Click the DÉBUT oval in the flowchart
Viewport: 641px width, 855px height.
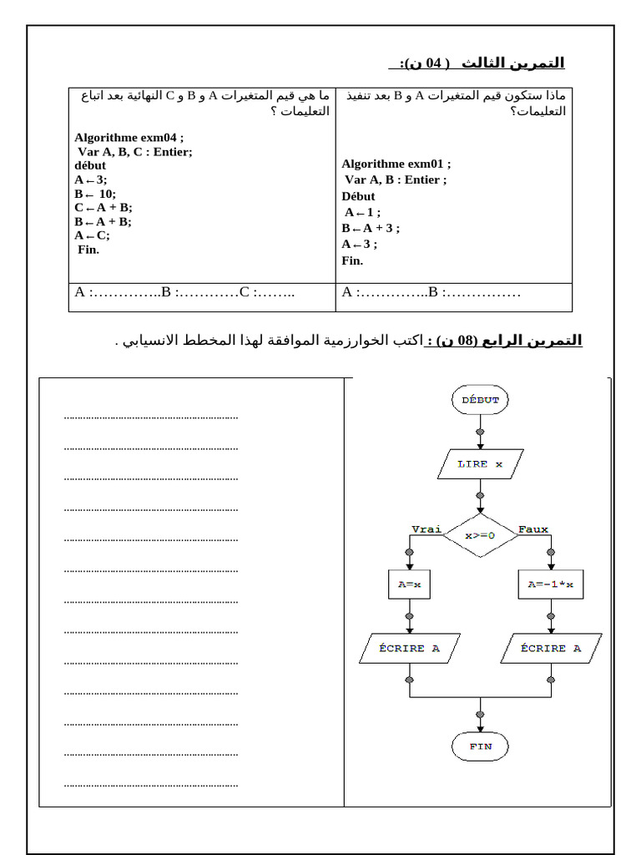click(x=480, y=400)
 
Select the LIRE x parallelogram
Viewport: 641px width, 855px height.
click(x=480, y=464)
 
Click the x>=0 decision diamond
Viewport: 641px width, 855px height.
click(x=480, y=535)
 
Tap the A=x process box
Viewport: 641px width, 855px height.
click(x=409, y=585)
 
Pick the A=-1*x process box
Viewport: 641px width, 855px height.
click(x=550, y=585)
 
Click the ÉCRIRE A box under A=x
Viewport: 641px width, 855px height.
click(x=409, y=648)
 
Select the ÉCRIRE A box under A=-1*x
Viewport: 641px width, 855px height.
click(x=550, y=648)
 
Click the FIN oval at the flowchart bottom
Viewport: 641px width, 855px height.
click(x=480, y=746)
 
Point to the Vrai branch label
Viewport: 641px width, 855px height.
click(x=426, y=529)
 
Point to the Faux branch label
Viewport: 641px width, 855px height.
click(x=533, y=529)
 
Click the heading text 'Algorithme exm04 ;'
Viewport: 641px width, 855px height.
click(x=128, y=137)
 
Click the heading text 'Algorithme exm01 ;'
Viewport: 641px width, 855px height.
click(x=396, y=164)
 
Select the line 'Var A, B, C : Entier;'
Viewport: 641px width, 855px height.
click(x=134, y=151)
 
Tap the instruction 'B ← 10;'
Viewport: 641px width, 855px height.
click(x=95, y=194)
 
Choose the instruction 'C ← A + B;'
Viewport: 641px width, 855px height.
click(x=103, y=208)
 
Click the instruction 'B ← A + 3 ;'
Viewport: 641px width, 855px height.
click(x=371, y=228)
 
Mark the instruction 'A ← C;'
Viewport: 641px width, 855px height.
click(x=92, y=235)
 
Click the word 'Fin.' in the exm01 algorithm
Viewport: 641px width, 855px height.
click(x=352, y=261)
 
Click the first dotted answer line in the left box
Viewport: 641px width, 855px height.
click(x=151, y=416)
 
